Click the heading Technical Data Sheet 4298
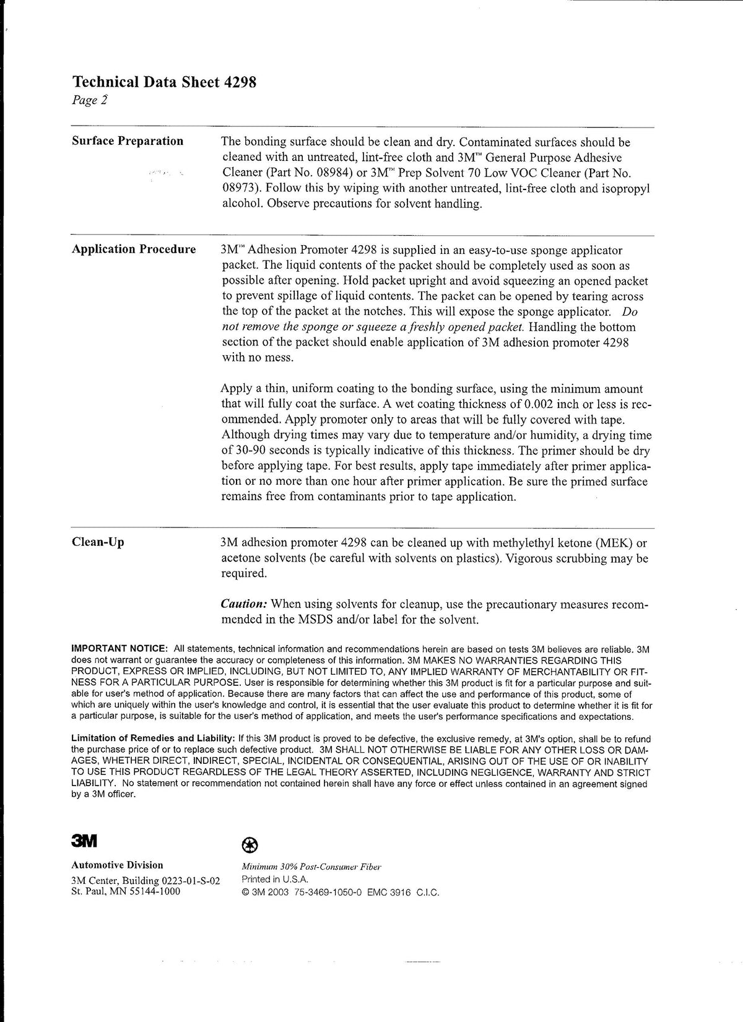[x=164, y=82]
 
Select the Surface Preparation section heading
[x=128, y=141]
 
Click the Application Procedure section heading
[x=134, y=249]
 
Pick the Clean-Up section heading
[x=98, y=542]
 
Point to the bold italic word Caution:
[x=245, y=604]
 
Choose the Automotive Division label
[x=118, y=865]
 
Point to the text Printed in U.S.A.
[x=275, y=880]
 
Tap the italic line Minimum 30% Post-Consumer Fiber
[x=311, y=867]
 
